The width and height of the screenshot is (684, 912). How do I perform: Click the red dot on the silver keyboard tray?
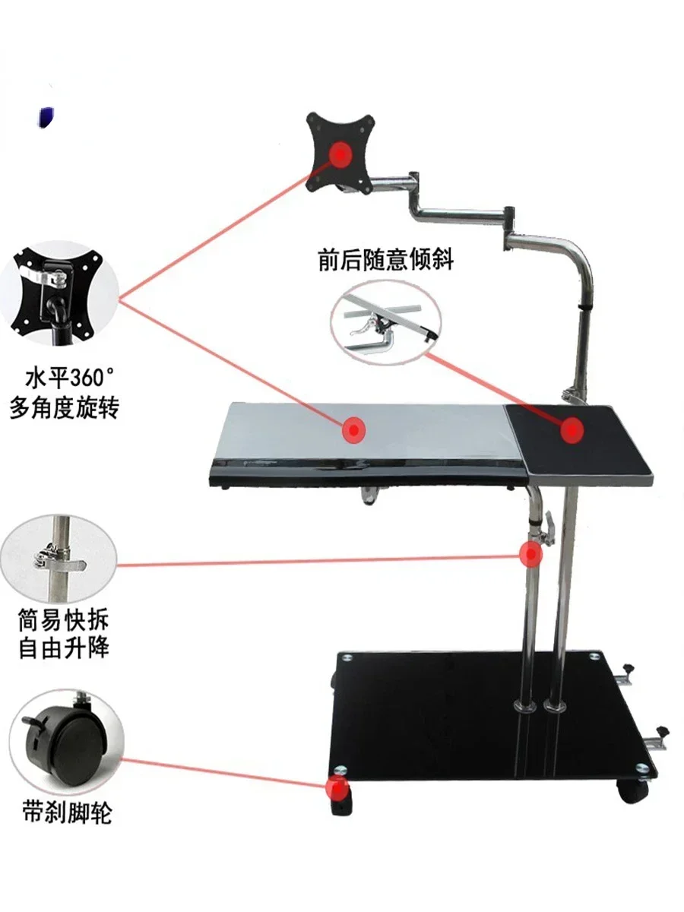tap(353, 430)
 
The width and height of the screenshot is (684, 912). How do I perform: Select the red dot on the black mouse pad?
tap(572, 429)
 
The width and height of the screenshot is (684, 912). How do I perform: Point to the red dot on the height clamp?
tap(531, 554)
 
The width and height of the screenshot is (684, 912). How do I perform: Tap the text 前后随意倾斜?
tap(385, 260)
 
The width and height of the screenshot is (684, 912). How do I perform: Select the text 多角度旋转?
tap(65, 408)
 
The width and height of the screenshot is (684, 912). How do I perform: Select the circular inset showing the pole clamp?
tap(57, 559)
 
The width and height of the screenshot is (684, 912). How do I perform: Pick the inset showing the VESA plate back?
tap(59, 293)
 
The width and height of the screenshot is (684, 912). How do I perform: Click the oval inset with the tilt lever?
tap(385, 323)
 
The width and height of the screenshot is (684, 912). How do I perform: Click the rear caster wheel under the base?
tap(632, 790)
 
